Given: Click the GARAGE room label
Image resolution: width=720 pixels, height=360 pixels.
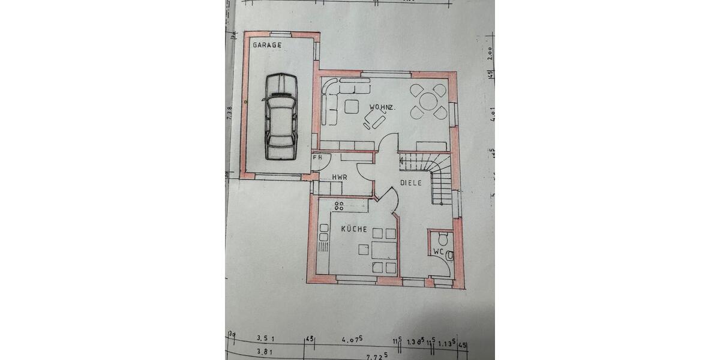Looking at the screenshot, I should tap(267, 45).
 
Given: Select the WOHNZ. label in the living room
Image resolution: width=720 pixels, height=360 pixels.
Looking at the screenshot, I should tap(382, 108).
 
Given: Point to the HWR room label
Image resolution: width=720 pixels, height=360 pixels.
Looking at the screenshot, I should tap(340, 178).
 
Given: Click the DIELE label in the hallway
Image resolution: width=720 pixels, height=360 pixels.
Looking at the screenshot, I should tap(412, 183).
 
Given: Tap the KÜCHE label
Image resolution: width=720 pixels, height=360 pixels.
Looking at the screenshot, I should tap(354, 230).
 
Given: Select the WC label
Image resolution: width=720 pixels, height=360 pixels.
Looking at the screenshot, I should tap(438, 252).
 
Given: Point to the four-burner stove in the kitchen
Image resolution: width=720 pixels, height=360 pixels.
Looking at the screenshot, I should tap(339, 206).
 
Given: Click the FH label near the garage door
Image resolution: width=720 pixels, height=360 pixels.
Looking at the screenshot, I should tap(317, 158).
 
